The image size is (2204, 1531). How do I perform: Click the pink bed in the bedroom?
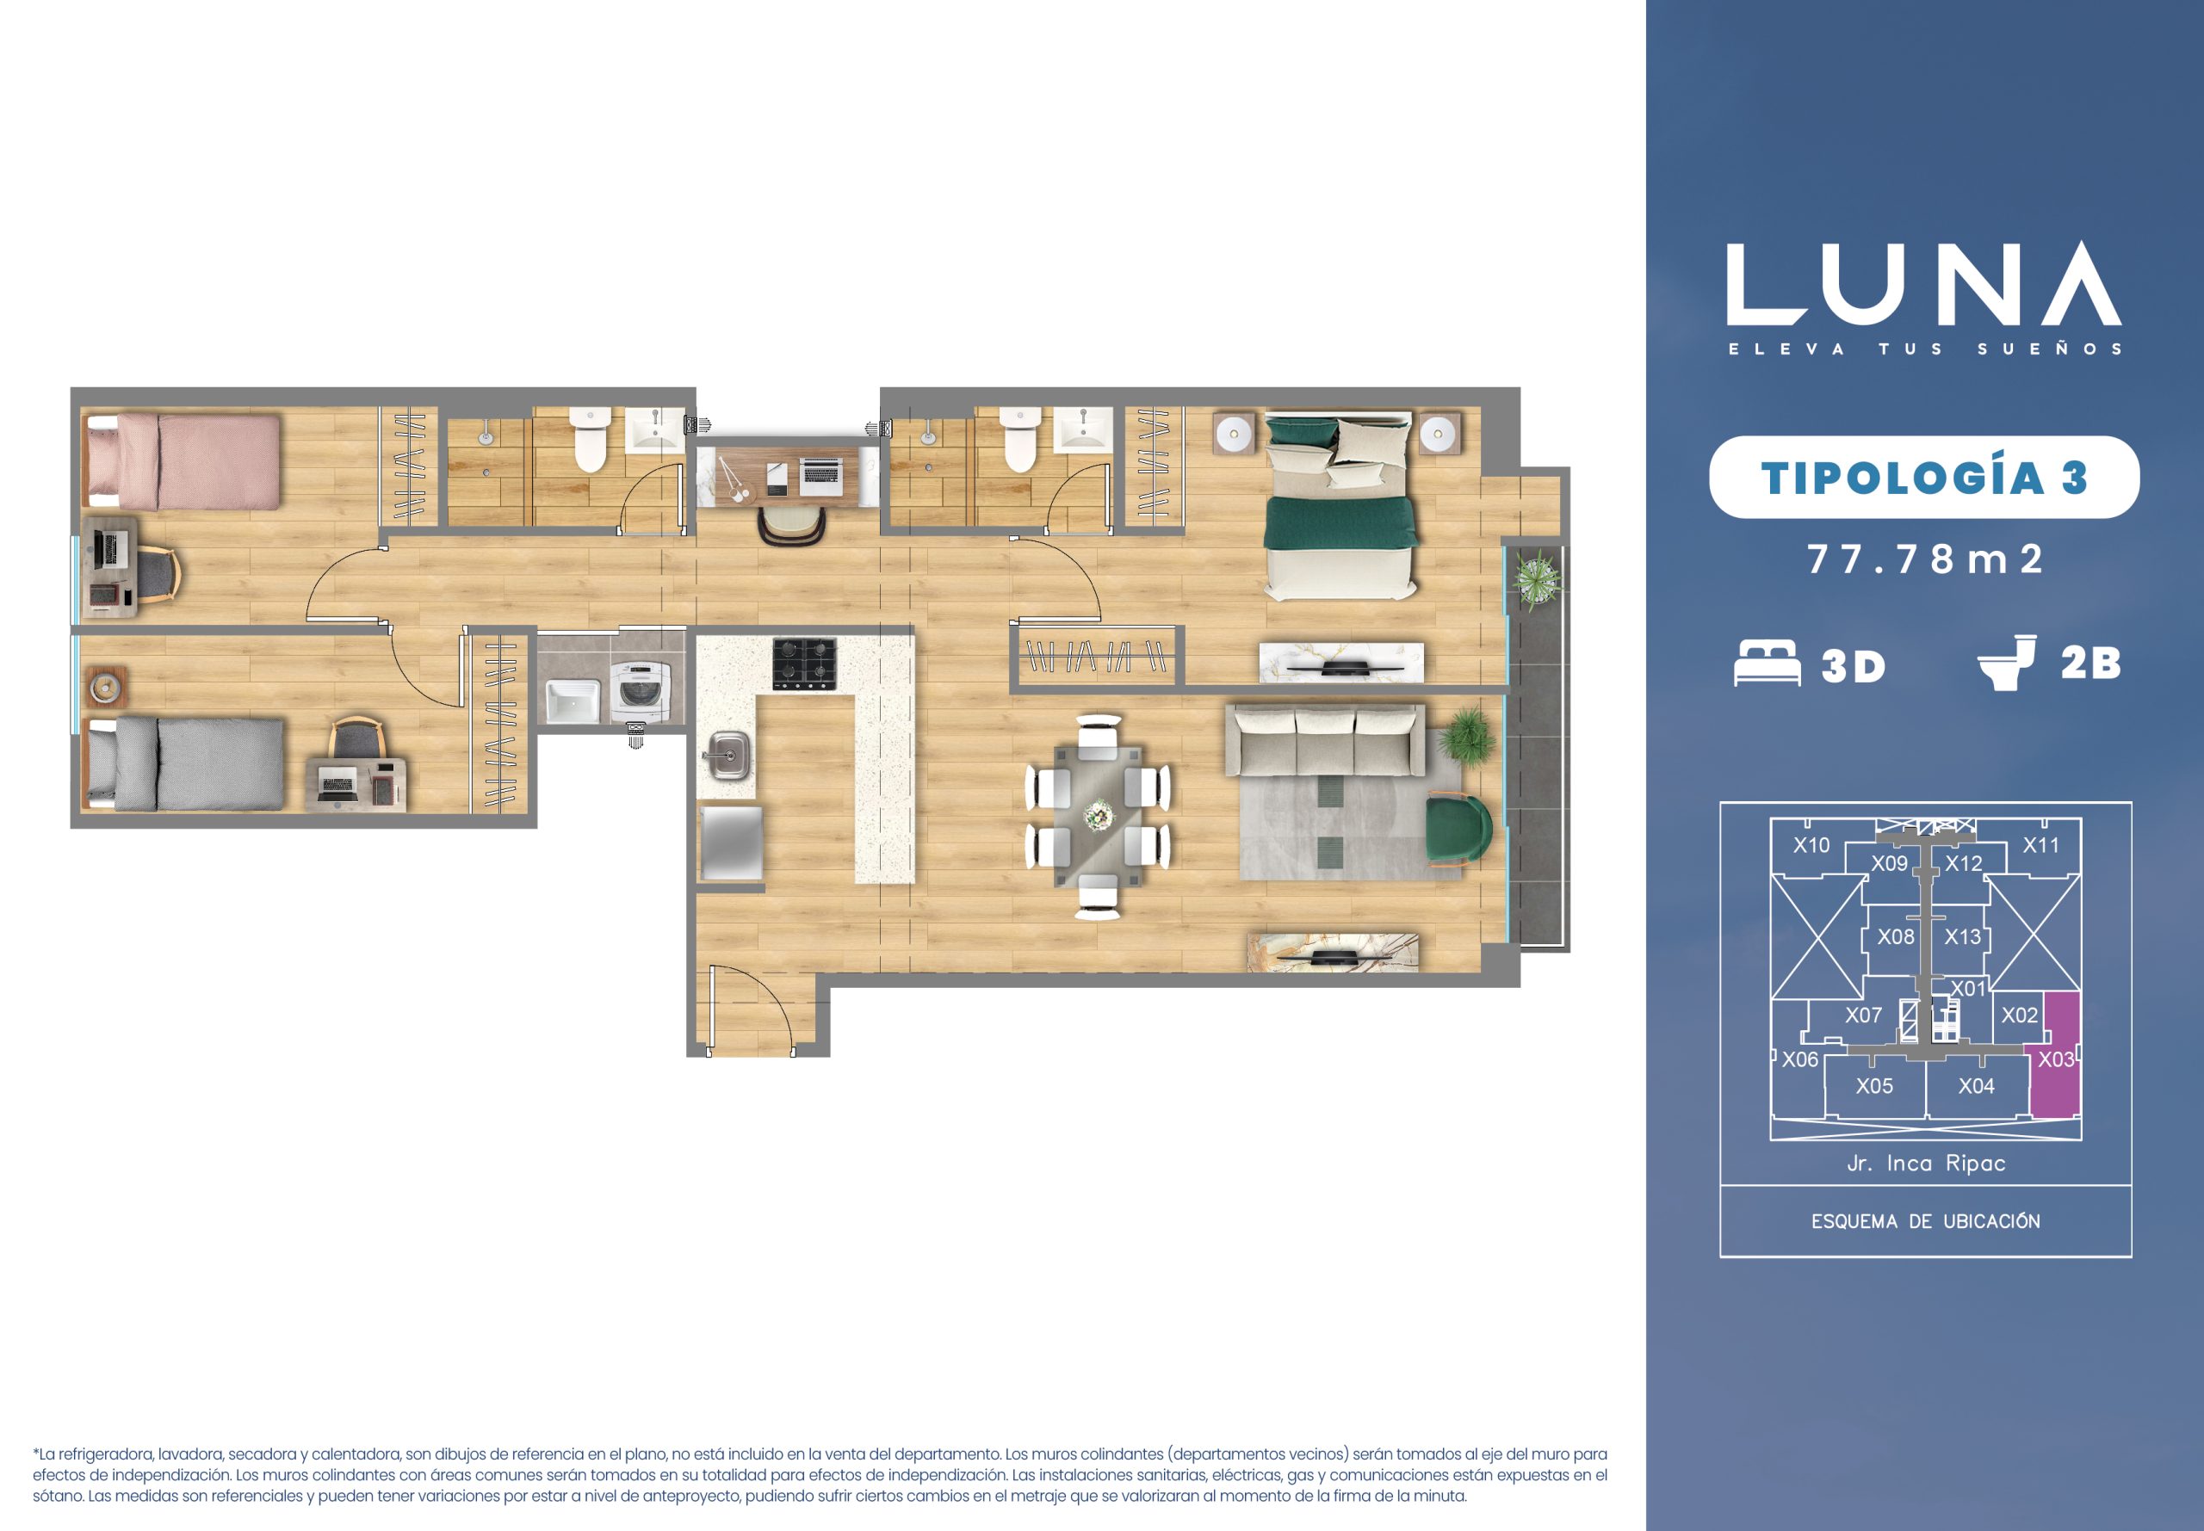(183, 460)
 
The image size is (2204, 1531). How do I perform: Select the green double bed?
(1340, 507)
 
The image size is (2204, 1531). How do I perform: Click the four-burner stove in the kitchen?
(804, 664)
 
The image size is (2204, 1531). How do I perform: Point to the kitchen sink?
(730, 752)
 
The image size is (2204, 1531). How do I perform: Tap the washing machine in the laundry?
(635, 689)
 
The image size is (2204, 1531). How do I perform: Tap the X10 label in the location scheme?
(1811, 845)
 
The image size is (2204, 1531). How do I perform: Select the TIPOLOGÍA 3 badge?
(1924, 477)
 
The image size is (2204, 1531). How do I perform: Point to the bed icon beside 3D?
(1768, 663)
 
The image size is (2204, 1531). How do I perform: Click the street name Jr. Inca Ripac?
(1927, 1164)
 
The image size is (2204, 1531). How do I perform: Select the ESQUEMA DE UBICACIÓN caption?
(1926, 1222)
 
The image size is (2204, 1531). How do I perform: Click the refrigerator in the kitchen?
(731, 843)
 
